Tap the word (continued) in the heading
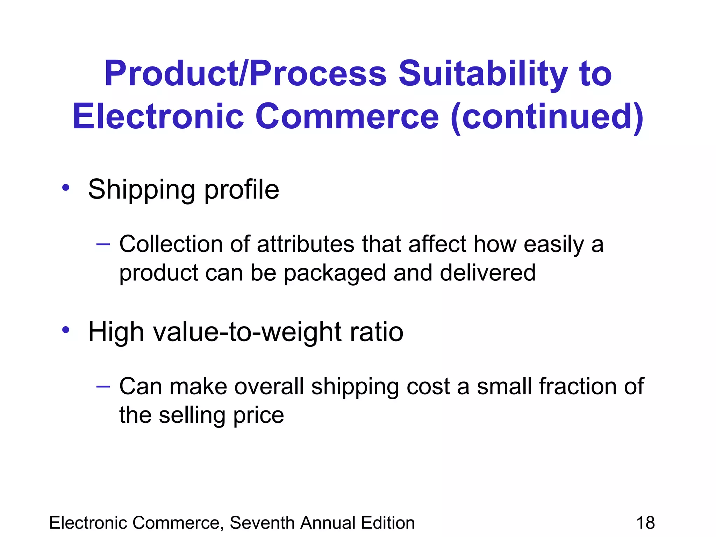coord(547,116)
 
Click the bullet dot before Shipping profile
coord(66,188)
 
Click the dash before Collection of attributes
coord(103,244)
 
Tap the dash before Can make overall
coord(103,386)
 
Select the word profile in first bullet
coord(242,190)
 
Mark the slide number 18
coord(645,523)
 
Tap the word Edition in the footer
coord(388,523)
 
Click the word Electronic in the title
coord(158,116)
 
